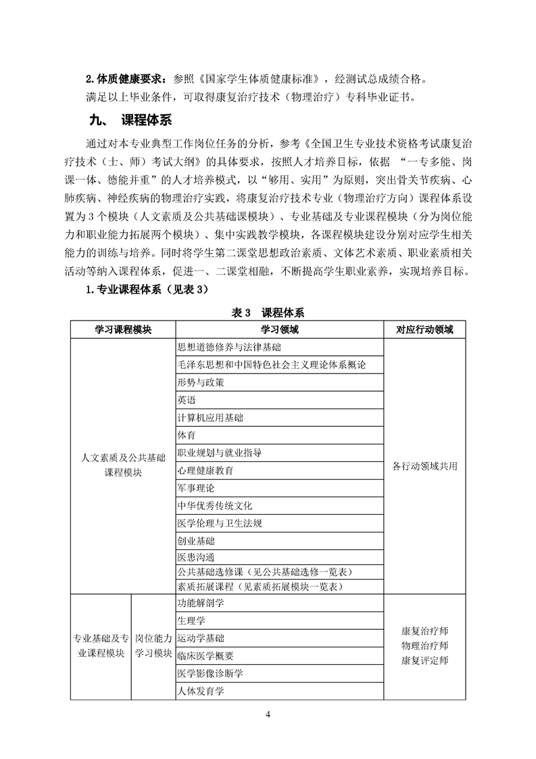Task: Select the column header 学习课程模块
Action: [x=122, y=329]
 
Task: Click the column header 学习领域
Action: [x=279, y=329]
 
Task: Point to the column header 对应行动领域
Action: [x=424, y=329]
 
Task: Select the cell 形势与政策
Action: [x=200, y=382]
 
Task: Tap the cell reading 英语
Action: [x=187, y=400]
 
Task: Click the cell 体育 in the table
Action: [x=187, y=435]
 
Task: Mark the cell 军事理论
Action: [x=195, y=488]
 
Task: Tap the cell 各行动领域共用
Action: [x=424, y=466]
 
